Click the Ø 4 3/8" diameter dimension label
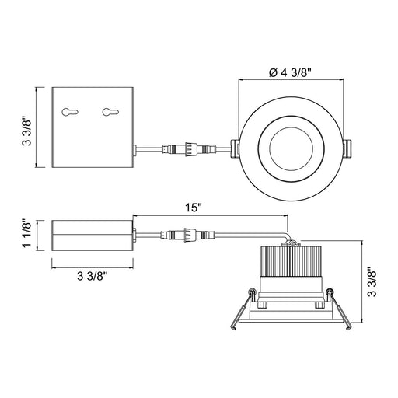tap(290, 73)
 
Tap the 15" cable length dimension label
tap(194, 208)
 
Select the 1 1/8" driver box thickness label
tap(27, 234)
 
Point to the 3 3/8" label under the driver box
tap(93, 276)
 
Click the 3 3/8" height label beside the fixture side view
tap(372, 282)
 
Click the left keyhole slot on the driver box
tap(70, 112)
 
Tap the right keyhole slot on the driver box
tap(110, 112)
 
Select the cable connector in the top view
tap(189, 149)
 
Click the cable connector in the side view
tap(188, 235)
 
